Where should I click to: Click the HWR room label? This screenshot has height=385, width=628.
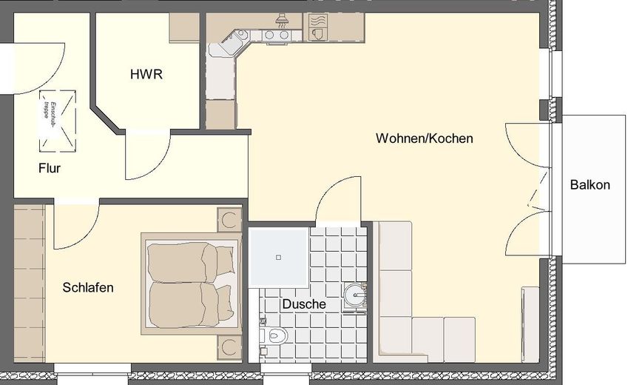coord(146,75)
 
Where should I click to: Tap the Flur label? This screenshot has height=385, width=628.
coord(50,168)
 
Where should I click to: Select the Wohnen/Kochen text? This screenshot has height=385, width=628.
coord(424,138)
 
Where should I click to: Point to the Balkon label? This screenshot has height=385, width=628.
coord(590,185)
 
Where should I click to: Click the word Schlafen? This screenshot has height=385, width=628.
coord(88,287)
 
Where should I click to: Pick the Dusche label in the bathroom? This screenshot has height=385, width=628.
coord(303,304)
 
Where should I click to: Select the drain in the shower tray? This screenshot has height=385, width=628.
coord(279,257)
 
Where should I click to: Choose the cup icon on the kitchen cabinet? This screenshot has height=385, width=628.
coord(319,33)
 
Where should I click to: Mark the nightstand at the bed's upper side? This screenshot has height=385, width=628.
coord(229,220)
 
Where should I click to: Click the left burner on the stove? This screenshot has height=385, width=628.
coord(269,34)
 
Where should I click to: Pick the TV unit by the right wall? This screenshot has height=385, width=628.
coord(530,323)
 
